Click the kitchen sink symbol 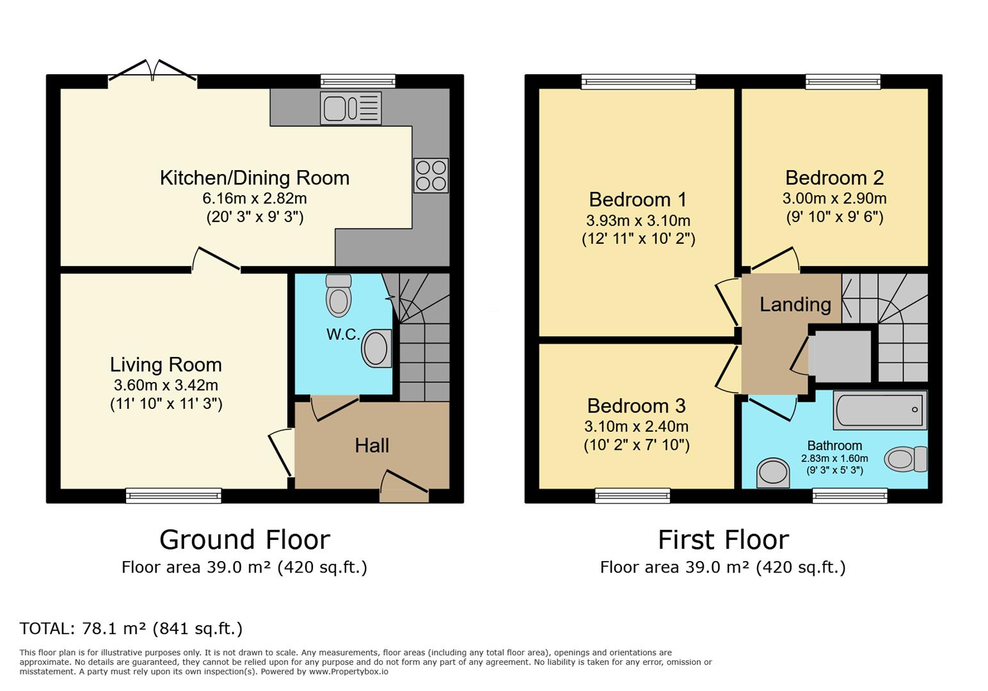point(351,108)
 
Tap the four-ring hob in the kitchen point(431,175)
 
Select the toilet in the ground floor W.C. point(339,296)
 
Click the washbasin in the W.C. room point(377,348)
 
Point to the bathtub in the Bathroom point(880,410)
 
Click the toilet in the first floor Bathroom point(905,459)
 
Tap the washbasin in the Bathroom point(773,473)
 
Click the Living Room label point(166,365)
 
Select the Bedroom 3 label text point(637,406)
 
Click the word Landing point(795,305)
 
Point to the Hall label point(372,445)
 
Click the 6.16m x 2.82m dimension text point(255,198)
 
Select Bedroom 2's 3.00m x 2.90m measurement point(834,198)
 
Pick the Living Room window point(174,496)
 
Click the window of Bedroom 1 point(639,82)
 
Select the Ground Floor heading point(245,540)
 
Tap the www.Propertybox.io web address point(349,672)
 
